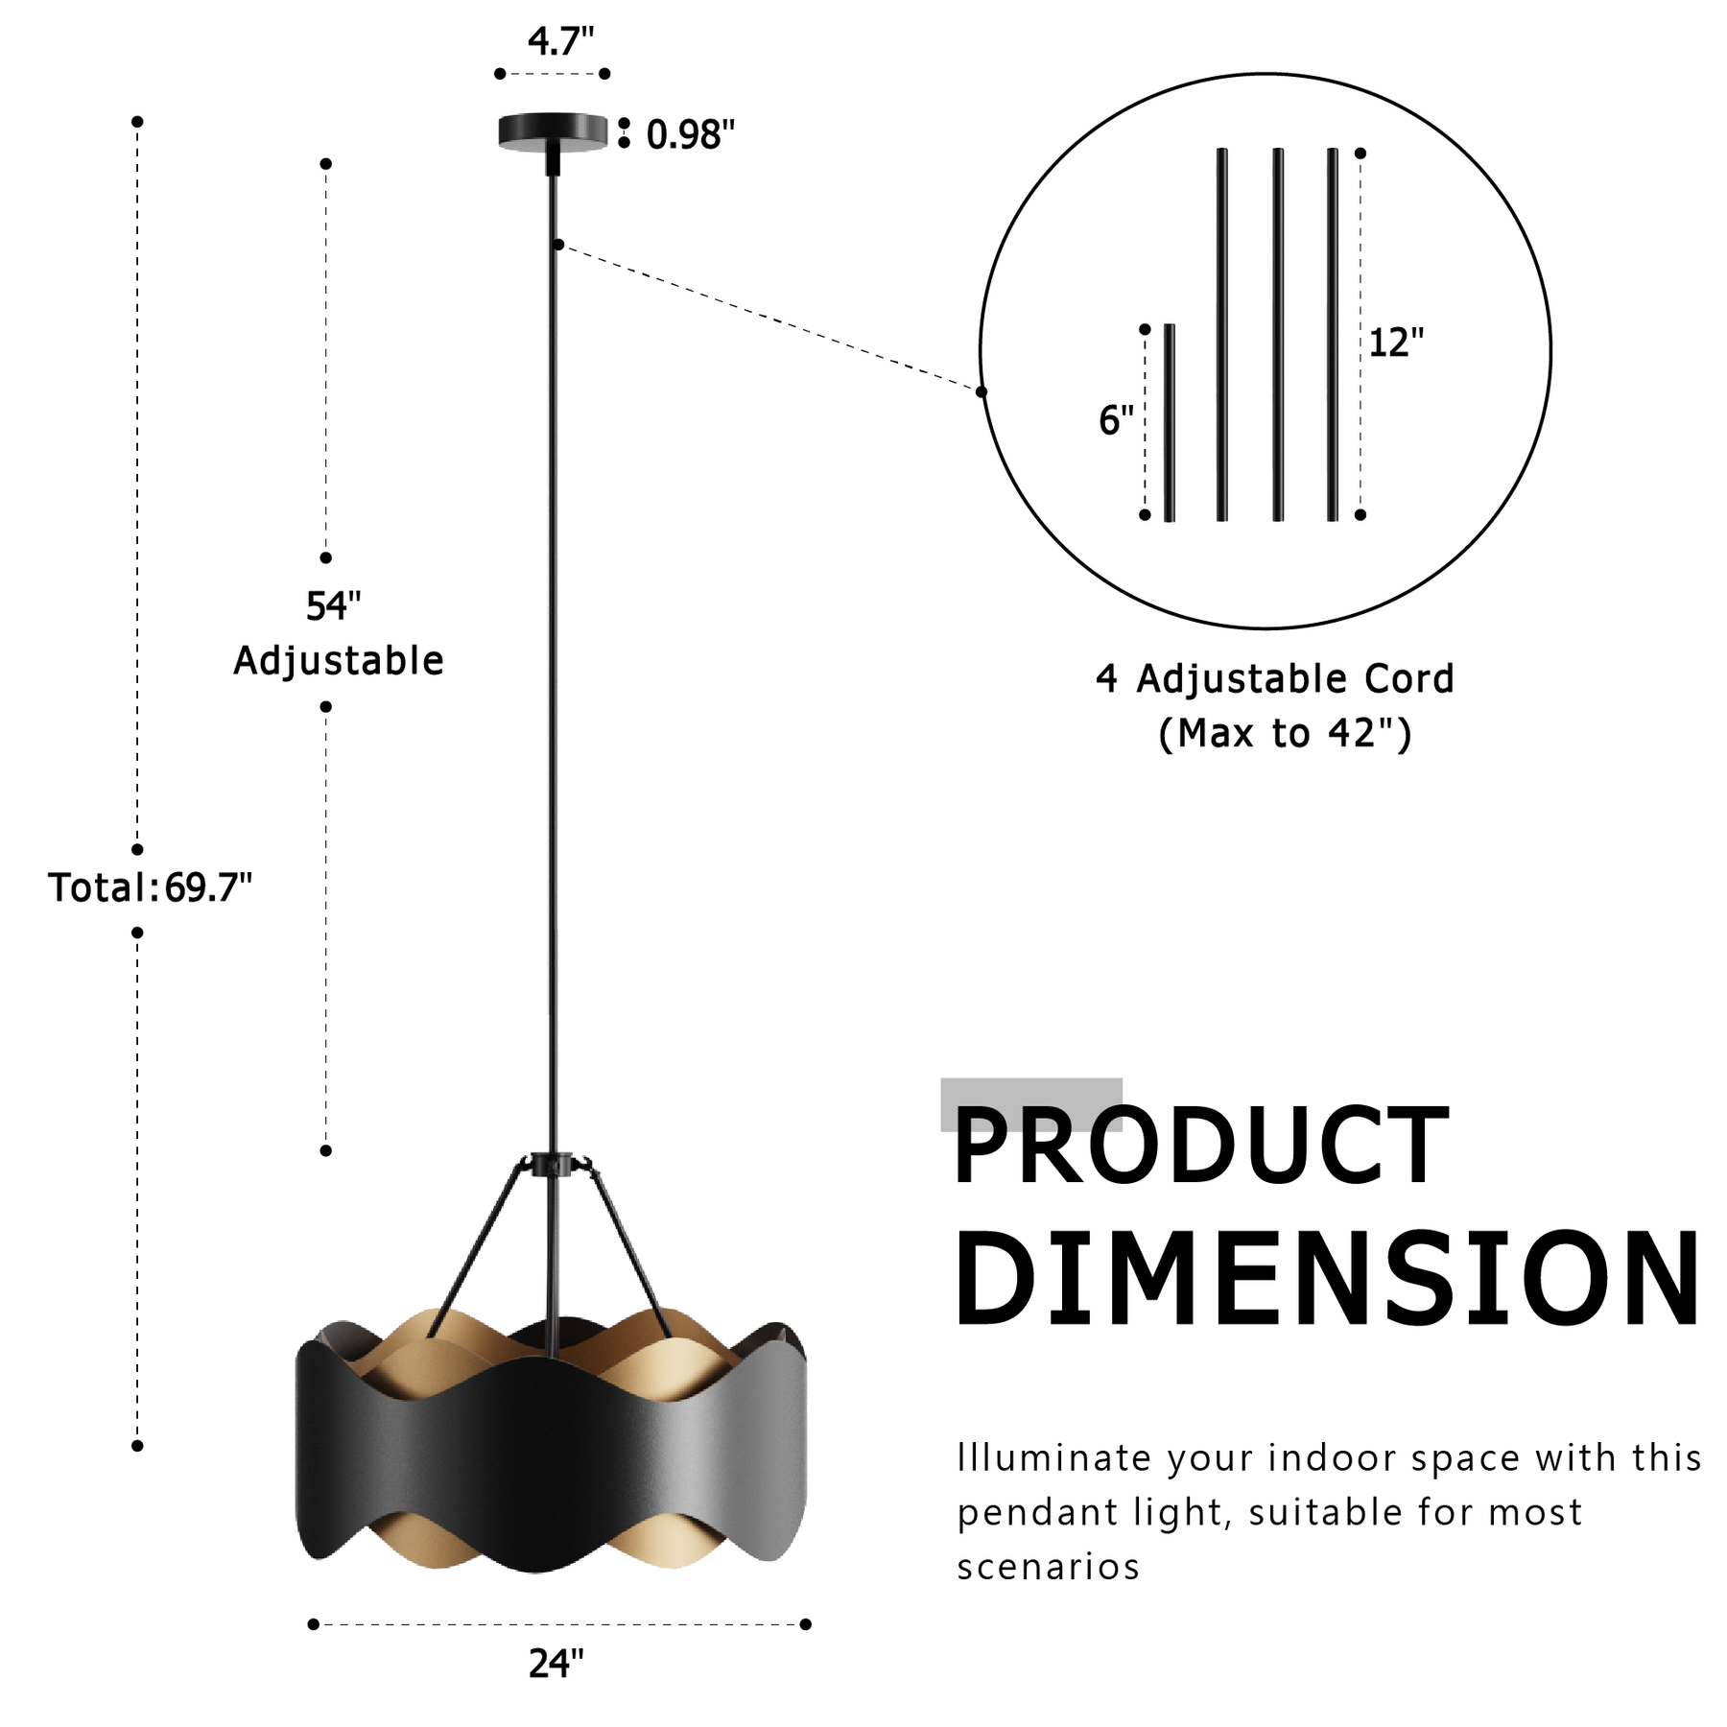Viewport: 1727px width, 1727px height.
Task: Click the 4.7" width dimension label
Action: tap(560, 41)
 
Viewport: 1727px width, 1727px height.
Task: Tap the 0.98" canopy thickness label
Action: tap(691, 135)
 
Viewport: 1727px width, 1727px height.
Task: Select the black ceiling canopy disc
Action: tap(553, 132)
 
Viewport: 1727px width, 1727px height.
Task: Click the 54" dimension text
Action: tap(333, 606)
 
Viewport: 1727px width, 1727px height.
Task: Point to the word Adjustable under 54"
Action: tap(339, 661)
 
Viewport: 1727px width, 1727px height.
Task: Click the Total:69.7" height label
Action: tap(150, 888)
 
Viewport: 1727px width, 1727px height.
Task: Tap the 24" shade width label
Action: tap(556, 1664)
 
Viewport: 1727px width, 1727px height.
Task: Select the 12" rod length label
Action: tap(1396, 343)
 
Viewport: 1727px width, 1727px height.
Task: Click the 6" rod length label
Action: tap(1116, 420)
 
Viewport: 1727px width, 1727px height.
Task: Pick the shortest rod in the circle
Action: tap(1169, 423)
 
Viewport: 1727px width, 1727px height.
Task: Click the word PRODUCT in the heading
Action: tap(1200, 1146)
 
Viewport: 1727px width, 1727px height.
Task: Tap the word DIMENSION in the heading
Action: tap(1327, 1280)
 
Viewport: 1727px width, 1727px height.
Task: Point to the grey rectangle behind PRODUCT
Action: tap(1031, 1104)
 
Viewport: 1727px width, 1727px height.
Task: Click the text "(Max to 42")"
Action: tap(1285, 734)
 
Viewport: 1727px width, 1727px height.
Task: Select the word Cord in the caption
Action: tap(1409, 679)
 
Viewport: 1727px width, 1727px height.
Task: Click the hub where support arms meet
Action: tap(553, 1165)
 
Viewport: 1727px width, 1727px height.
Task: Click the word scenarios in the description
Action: tap(1048, 1568)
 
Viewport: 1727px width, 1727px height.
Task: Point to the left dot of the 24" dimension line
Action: tap(313, 1624)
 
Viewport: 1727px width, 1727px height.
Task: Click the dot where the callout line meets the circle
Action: tap(981, 391)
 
